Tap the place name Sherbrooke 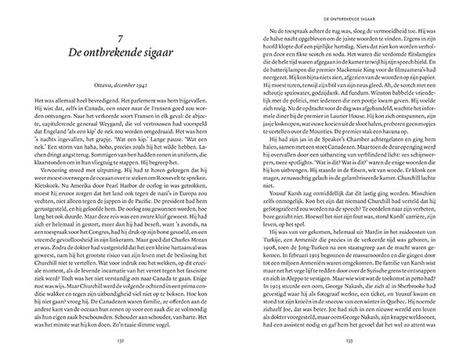pos(407,322)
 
